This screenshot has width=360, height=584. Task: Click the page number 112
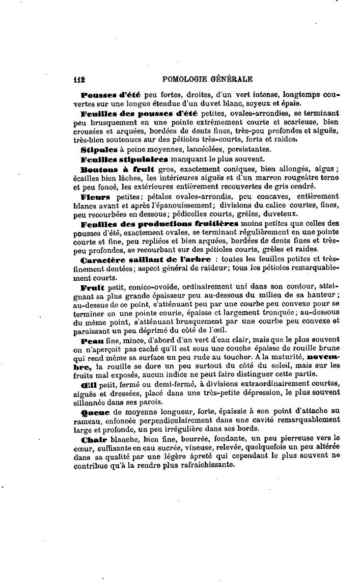(x=79, y=79)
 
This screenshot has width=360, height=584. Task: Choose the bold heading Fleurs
(x=95, y=196)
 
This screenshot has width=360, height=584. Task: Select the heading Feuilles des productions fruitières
(x=159, y=223)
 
